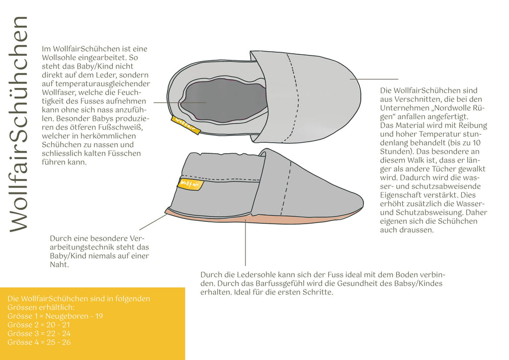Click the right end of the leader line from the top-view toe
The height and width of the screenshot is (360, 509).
[398, 79]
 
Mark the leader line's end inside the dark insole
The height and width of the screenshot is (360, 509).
[206, 102]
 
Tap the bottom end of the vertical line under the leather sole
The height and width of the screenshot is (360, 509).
[246, 266]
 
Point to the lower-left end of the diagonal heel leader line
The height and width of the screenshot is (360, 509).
[140, 230]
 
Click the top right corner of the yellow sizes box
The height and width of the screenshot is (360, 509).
[185, 287]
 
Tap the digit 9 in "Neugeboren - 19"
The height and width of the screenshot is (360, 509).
[100, 316]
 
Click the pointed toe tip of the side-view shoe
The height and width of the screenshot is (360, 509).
[363, 203]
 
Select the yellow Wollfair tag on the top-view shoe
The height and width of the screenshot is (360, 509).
[186, 125]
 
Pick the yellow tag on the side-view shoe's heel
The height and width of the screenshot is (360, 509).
[190, 184]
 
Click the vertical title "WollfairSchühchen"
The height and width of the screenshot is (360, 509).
[19, 124]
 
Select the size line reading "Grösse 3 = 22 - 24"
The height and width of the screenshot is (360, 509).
[39, 333]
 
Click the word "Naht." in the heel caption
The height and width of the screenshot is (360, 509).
[60, 265]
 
